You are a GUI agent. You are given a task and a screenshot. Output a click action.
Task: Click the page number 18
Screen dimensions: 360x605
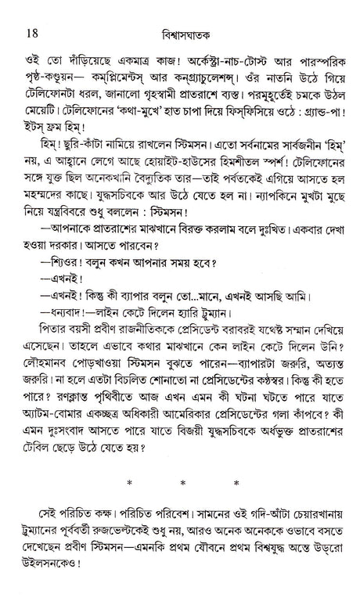[31, 12]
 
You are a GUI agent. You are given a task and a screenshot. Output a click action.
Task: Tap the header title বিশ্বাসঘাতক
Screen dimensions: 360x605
[182, 13]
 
